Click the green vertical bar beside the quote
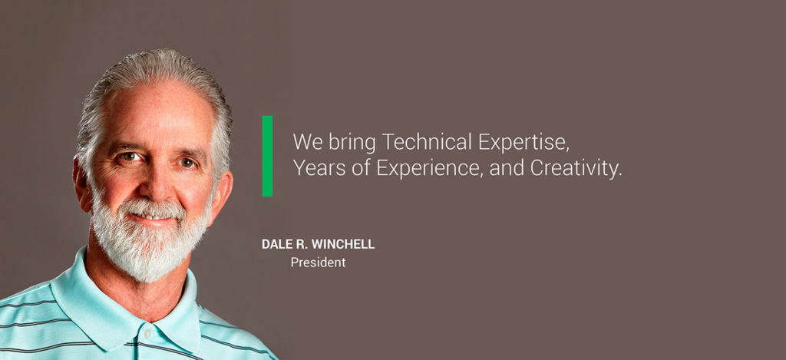point(267,156)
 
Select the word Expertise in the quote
point(523,143)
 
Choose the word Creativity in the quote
point(576,169)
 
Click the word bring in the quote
point(352,143)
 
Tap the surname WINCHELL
point(343,244)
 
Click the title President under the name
point(319,263)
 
